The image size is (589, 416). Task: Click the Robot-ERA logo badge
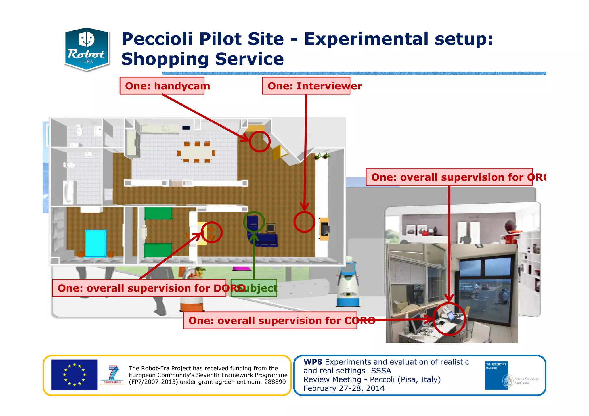click(x=87, y=49)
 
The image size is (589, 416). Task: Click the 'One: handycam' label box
click(x=162, y=86)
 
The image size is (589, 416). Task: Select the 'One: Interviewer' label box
click(x=306, y=86)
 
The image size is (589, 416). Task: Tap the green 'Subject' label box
click(x=254, y=288)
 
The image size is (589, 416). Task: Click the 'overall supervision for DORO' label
click(x=139, y=288)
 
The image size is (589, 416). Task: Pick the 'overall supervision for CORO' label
click(x=270, y=320)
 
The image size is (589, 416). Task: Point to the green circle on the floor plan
click(x=254, y=222)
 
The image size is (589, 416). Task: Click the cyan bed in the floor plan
click(x=95, y=243)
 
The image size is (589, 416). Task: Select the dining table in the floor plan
click(x=196, y=152)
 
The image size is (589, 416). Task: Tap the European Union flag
click(x=74, y=375)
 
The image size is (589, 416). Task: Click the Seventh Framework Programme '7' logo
click(x=113, y=375)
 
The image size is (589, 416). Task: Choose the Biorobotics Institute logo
click(x=496, y=375)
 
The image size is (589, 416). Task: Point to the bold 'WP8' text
click(x=313, y=362)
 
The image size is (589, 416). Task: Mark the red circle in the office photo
click(x=449, y=319)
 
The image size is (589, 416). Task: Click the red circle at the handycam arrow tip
click(x=259, y=141)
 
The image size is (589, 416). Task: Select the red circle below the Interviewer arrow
click(x=304, y=222)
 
